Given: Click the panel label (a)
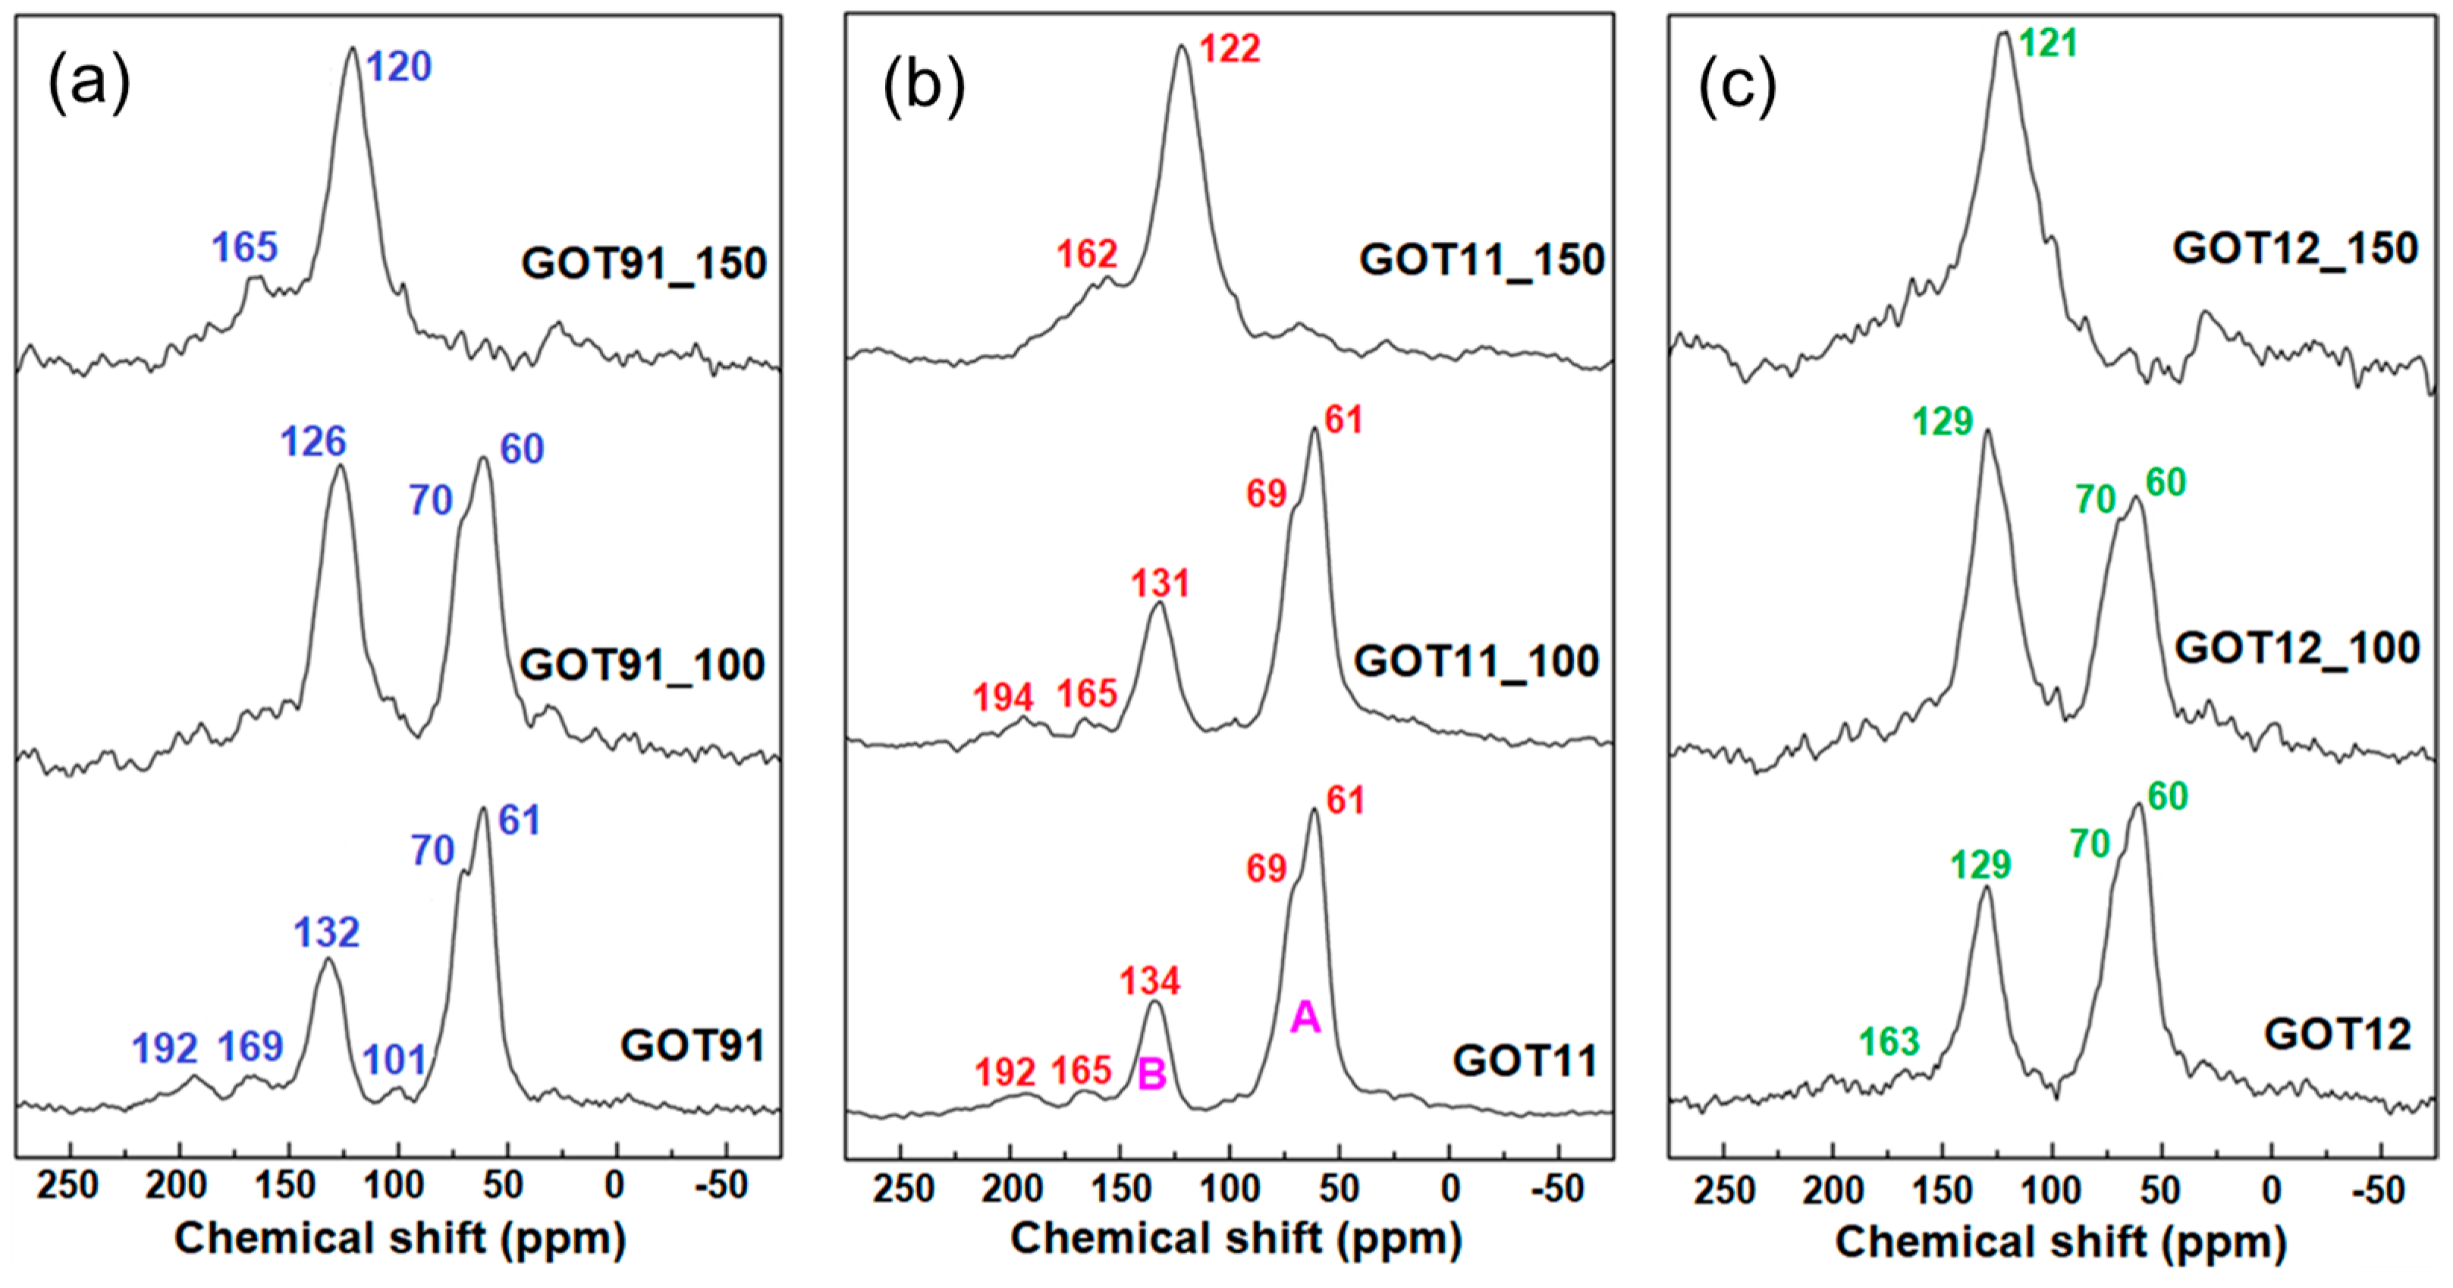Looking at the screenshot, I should pyautogui.click(x=89, y=83).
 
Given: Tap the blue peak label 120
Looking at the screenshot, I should pyautogui.click(x=399, y=67).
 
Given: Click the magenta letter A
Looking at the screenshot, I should pyautogui.click(x=1305, y=1018).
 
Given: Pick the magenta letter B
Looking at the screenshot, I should pyautogui.click(x=1152, y=1075).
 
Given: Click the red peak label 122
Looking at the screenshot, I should pyautogui.click(x=1230, y=49).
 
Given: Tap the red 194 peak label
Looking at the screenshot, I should pyautogui.click(x=1003, y=698).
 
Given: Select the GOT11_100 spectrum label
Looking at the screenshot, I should pyautogui.click(x=1476, y=661).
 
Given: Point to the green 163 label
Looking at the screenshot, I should pyautogui.click(x=1889, y=1042).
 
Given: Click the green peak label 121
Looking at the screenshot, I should pyautogui.click(x=2047, y=42).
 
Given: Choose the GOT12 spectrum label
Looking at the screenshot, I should pyautogui.click(x=2337, y=1034).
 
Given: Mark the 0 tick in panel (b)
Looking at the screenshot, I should pyautogui.click(x=1449, y=1188).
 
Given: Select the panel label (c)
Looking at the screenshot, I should pyautogui.click(x=1738, y=86).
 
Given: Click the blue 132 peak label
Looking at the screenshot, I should pyautogui.click(x=327, y=933).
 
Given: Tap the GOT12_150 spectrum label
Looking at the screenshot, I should pyautogui.click(x=2295, y=249).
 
